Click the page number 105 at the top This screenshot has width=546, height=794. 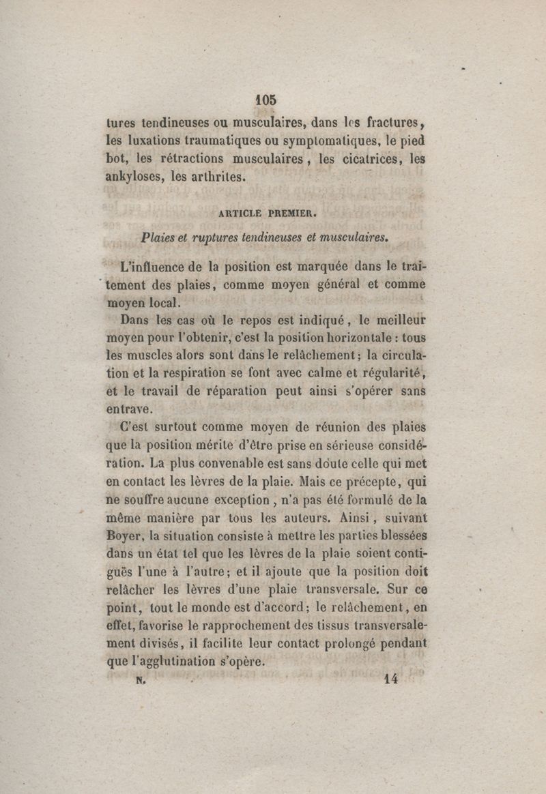coord(265,99)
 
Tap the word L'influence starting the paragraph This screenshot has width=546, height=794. coord(153,266)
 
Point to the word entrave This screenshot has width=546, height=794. coord(130,409)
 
